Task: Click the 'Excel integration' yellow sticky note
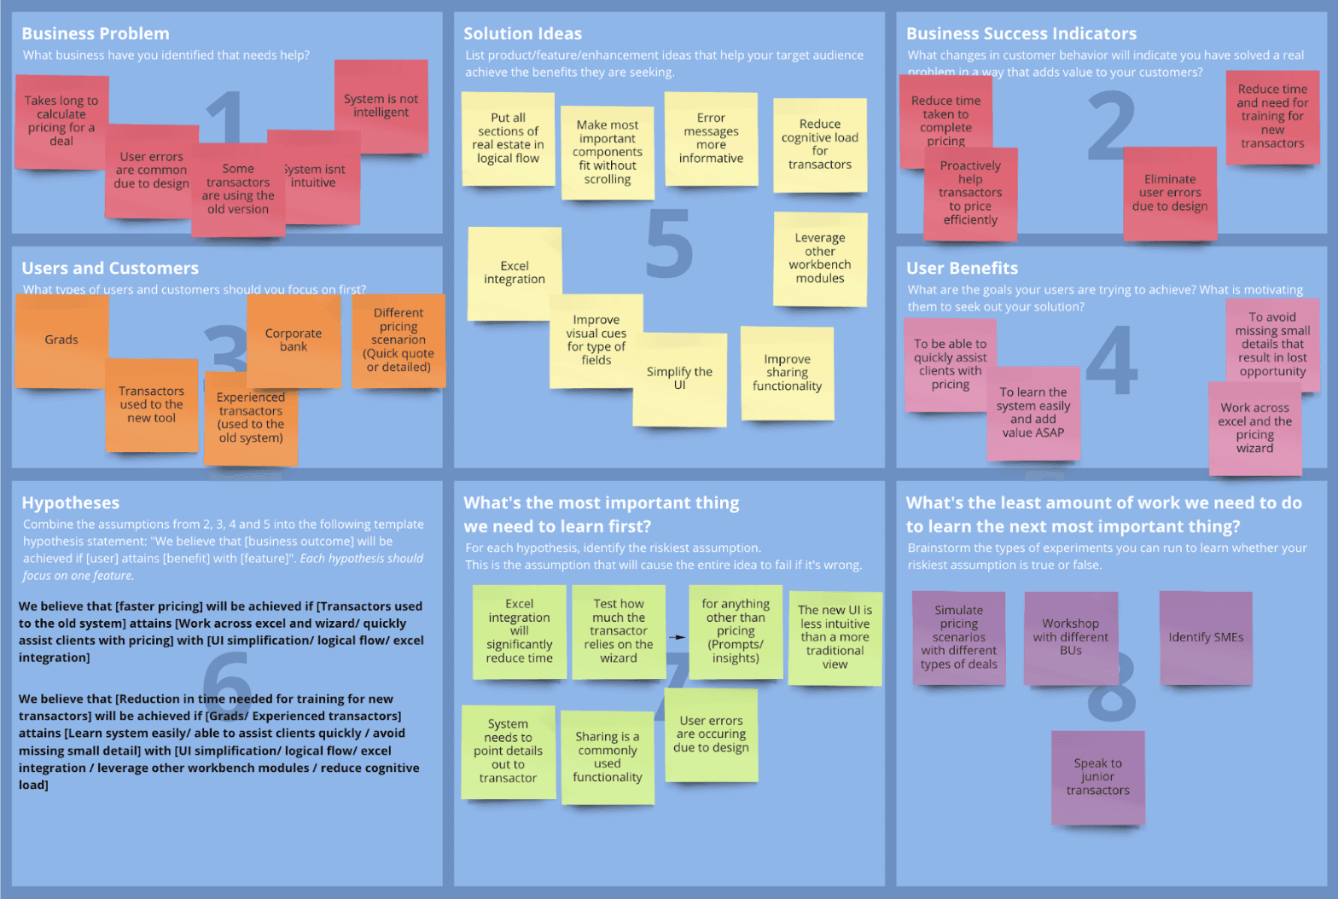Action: [515, 273]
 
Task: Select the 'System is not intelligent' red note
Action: [381, 106]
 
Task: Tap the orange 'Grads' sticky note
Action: [61, 339]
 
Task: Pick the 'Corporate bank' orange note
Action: [294, 339]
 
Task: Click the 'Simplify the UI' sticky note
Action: [679, 379]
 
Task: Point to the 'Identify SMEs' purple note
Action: [1206, 637]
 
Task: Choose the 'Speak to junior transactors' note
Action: [1097, 777]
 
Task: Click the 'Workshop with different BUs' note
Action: [1070, 637]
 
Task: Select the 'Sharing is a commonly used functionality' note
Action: [608, 757]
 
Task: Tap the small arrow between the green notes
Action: [677, 637]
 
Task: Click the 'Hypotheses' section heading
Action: [71, 503]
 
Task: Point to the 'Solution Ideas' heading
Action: [522, 34]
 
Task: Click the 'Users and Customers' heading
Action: [110, 269]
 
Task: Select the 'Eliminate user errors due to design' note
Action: [1170, 193]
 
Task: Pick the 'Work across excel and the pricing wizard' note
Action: [1254, 428]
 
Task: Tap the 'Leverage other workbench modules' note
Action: [820, 258]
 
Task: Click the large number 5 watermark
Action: [669, 244]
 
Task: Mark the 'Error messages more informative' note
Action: [711, 138]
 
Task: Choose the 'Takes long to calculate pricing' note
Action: [61, 121]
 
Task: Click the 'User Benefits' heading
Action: [962, 269]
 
